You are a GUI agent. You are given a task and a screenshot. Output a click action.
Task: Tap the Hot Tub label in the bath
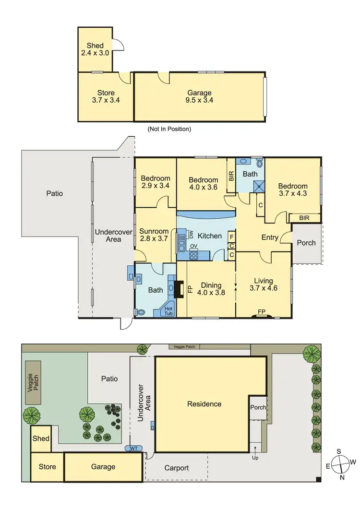(x=168, y=310)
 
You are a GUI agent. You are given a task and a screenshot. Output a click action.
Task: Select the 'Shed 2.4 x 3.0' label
(x=95, y=49)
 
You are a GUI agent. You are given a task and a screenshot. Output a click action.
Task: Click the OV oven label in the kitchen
(x=194, y=247)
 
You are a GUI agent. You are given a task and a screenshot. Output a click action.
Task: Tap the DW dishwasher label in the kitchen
(x=190, y=235)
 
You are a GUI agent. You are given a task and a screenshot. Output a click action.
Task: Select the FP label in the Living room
(x=261, y=312)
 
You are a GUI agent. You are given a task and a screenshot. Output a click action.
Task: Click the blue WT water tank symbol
(x=134, y=448)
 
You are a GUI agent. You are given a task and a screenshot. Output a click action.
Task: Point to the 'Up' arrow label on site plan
(x=255, y=454)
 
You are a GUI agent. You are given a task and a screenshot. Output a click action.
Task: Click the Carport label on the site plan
(x=176, y=468)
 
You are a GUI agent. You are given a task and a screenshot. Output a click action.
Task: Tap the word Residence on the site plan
(x=204, y=404)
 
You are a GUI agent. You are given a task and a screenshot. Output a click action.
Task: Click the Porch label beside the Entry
(x=306, y=243)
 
